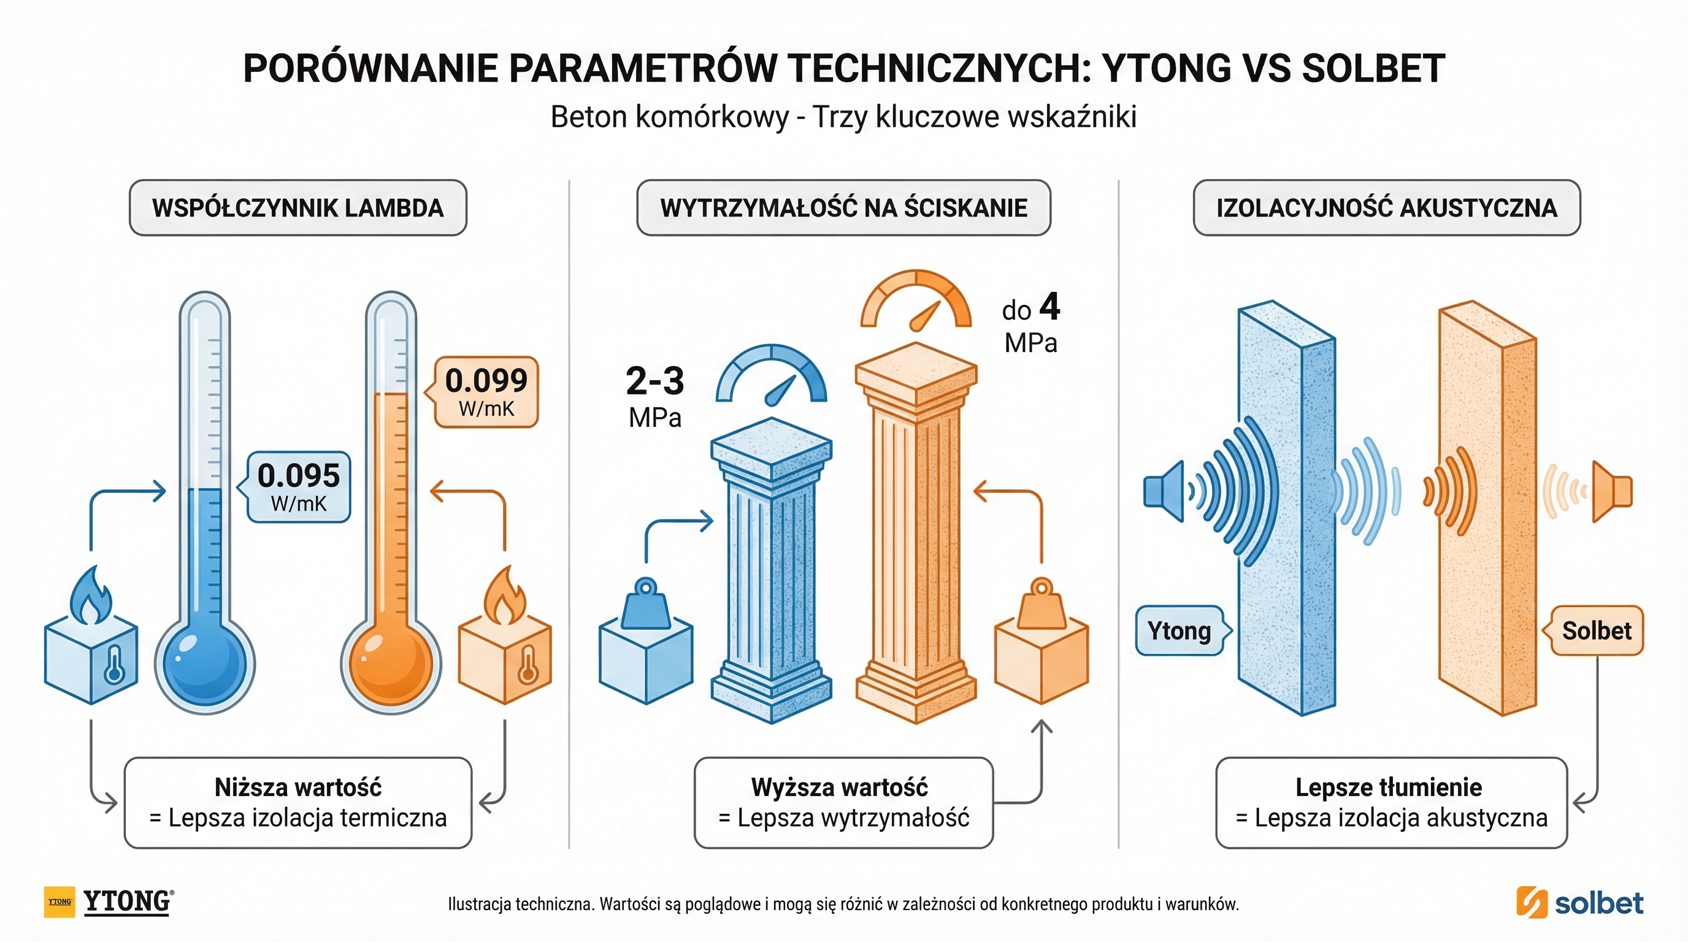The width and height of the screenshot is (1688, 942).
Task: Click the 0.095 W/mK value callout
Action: pos(299,487)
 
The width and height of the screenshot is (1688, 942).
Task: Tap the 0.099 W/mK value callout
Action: pos(486,392)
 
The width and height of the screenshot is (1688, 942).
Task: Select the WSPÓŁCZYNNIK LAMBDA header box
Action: pos(298,208)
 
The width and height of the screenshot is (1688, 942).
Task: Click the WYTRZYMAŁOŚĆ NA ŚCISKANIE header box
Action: pos(843,208)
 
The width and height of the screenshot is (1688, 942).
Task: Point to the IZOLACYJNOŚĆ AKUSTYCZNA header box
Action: pos(1387,208)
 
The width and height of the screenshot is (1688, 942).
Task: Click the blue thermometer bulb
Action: pos(204,663)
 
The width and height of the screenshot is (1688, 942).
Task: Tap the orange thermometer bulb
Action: pos(391,663)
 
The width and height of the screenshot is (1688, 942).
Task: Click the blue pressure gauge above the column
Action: pos(772,377)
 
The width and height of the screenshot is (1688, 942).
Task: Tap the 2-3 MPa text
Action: pos(654,381)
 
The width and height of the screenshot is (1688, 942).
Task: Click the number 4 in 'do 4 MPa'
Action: pos(1049,307)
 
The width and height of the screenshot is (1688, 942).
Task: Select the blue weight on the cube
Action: pos(646,604)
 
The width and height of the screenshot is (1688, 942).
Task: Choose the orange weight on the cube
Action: pos(1042,604)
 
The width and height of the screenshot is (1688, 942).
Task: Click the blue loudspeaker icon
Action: pos(1164,491)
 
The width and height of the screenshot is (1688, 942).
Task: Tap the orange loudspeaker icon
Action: pos(1612,491)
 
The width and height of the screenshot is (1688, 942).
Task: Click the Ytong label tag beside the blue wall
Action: pos(1180,631)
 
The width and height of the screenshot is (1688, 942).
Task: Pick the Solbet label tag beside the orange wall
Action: pos(1596,631)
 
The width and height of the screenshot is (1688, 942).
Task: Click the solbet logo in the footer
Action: pos(1580,903)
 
